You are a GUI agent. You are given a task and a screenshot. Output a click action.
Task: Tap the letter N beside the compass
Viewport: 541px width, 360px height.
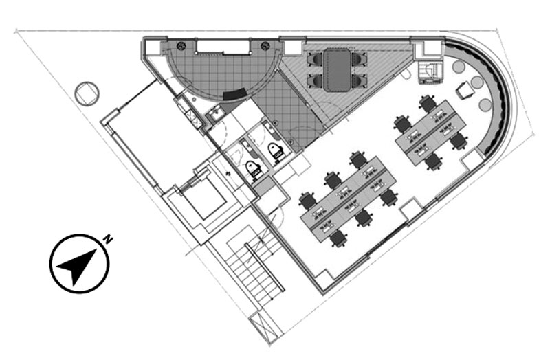pos(109,239)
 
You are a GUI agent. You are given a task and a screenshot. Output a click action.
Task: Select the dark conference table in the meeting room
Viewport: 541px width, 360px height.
pos(337,70)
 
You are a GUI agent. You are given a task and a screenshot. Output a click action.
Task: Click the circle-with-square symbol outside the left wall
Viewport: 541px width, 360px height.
pos(87,93)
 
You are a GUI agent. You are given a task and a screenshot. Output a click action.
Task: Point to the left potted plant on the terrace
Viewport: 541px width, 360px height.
pos(181,46)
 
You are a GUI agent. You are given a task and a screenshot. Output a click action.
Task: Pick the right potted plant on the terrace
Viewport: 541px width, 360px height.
pos(265,46)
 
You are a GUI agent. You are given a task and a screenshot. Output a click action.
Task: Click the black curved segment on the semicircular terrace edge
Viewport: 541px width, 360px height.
pos(235,94)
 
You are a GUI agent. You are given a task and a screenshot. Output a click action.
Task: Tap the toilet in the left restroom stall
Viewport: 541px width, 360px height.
pos(254,169)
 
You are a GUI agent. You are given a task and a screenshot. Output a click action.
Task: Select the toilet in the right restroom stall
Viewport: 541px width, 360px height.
pos(276,151)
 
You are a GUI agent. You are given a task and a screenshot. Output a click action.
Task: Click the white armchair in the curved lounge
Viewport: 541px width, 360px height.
pos(464,91)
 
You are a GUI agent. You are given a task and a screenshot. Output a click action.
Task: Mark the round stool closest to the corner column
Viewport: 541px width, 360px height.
pos(459,67)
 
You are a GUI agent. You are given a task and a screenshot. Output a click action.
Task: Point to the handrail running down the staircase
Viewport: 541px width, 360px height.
pos(265,267)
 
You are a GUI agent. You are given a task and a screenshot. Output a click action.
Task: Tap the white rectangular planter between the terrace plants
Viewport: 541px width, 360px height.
pos(223,47)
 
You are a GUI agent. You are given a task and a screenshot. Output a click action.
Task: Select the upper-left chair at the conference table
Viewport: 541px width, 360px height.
pos(315,59)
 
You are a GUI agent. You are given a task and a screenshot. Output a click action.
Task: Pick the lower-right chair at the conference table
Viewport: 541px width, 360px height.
pos(359,81)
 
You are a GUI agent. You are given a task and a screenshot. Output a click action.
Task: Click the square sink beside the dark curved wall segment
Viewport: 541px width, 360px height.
pos(216,113)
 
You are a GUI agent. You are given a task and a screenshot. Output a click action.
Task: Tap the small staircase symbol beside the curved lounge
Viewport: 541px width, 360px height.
pos(430,72)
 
